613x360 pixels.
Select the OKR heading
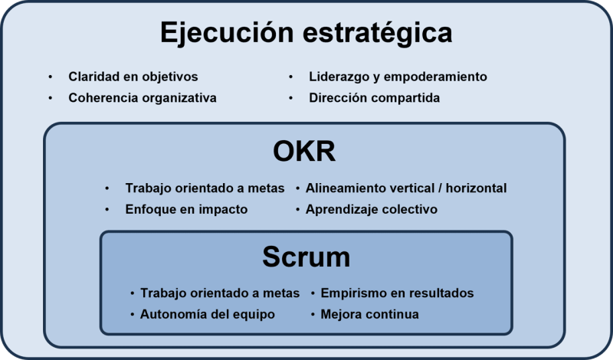click(x=304, y=152)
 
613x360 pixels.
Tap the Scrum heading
click(x=306, y=257)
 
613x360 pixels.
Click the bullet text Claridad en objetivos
click(x=133, y=77)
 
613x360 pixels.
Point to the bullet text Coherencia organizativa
click(x=143, y=98)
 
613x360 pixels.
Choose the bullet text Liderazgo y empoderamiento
click(x=398, y=77)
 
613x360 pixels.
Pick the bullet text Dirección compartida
click(x=375, y=98)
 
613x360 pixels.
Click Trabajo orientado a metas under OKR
click(x=205, y=188)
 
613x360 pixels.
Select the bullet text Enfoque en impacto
click(x=186, y=209)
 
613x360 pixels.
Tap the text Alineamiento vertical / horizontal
click(x=406, y=188)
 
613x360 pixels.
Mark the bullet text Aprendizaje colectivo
click(x=372, y=209)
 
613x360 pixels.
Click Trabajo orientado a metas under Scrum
click(x=220, y=293)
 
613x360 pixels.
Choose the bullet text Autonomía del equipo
click(x=207, y=314)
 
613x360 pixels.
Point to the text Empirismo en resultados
click(x=398, y=293)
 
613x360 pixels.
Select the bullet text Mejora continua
click(x=370, y=314)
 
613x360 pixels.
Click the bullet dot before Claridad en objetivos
click(x=51, y=77)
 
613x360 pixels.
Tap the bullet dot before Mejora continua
click(x=314, y=315)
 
